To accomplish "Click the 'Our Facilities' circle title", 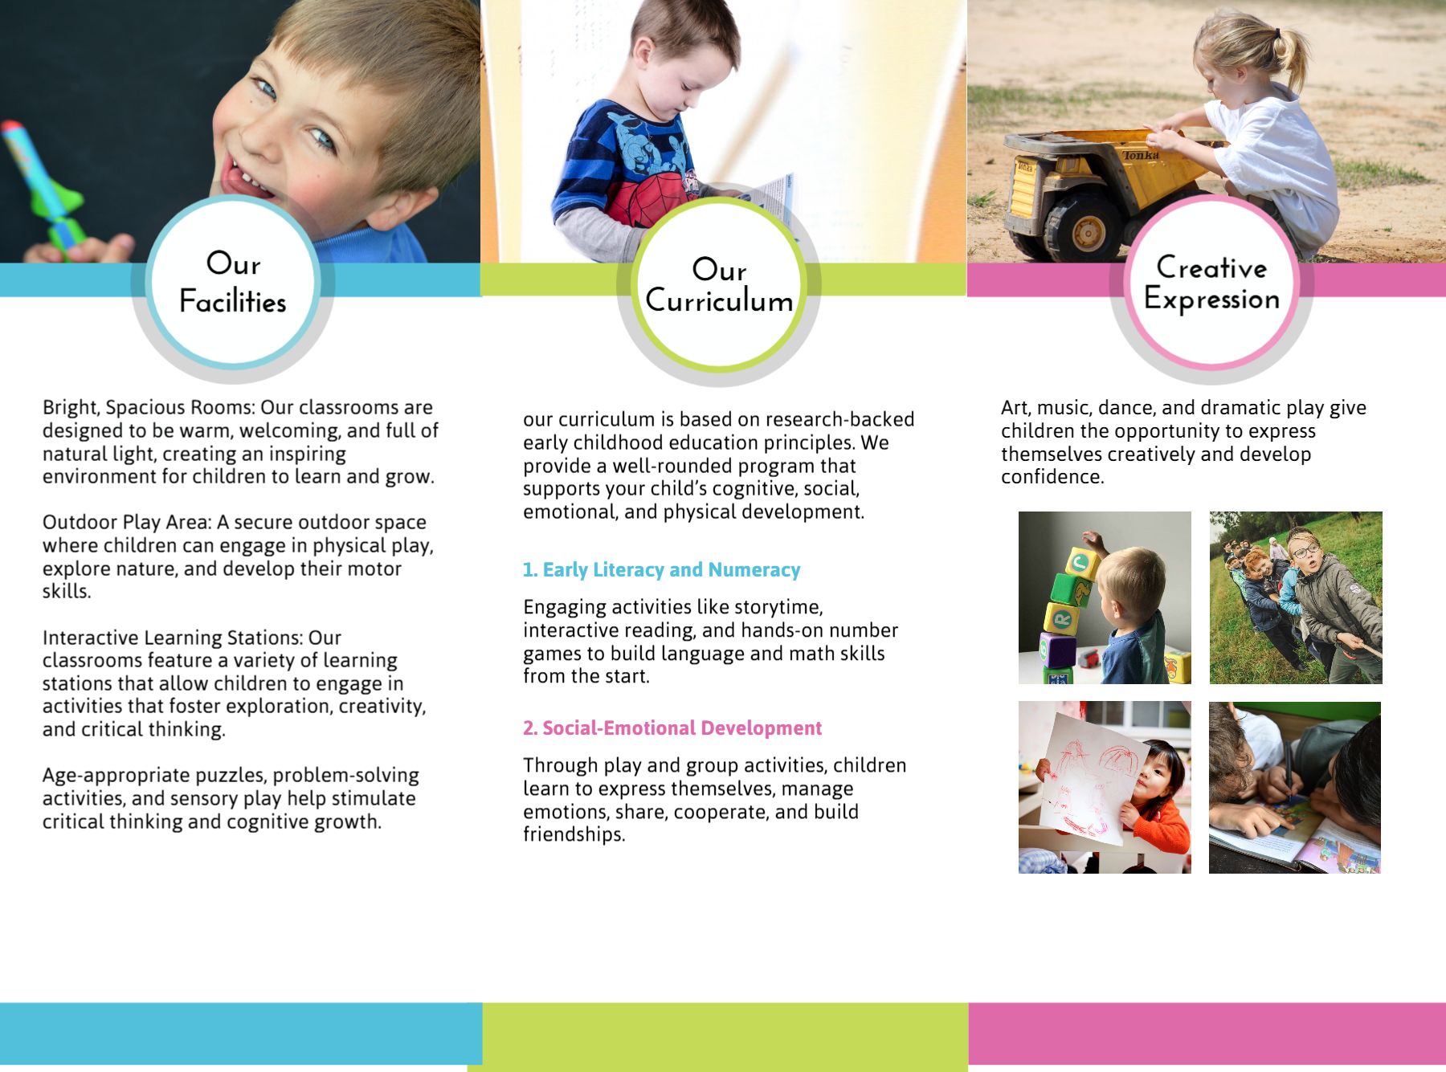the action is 233,282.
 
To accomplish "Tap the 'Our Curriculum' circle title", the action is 719,284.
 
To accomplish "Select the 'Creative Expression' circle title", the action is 1211,283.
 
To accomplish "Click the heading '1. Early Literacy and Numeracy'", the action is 661,569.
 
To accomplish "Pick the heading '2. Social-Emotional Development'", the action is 672,728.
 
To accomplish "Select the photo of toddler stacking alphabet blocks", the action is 1105,597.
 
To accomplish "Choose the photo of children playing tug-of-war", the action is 1296,597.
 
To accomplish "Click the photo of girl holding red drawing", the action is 1105,787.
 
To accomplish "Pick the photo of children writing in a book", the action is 1295,787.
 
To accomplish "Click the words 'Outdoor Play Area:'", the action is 127,522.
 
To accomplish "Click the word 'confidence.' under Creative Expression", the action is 1052,477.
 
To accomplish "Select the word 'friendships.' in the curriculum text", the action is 574,834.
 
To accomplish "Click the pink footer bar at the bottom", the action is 1207,1033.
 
